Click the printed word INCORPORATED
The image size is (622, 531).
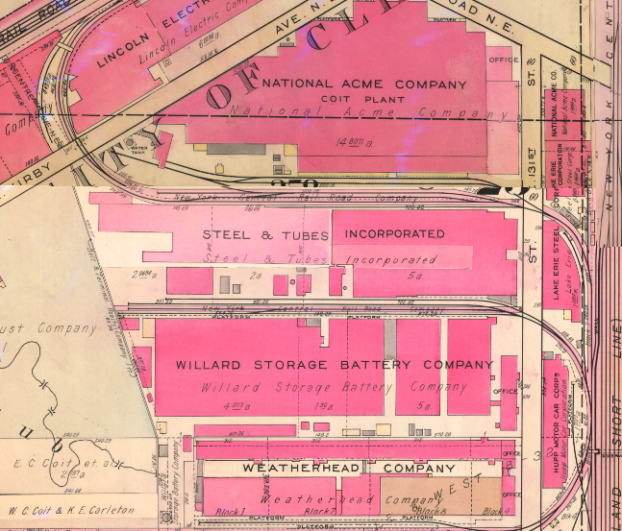tap(394, 234)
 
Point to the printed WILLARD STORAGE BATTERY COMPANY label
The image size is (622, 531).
tap(334, 365)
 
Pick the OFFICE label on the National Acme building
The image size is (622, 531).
tap(504, 60)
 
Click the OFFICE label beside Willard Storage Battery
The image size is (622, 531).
tap(505, 392)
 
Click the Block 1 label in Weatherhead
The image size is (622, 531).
tap(220, 510)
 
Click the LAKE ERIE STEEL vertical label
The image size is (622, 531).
tap(551, 269)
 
